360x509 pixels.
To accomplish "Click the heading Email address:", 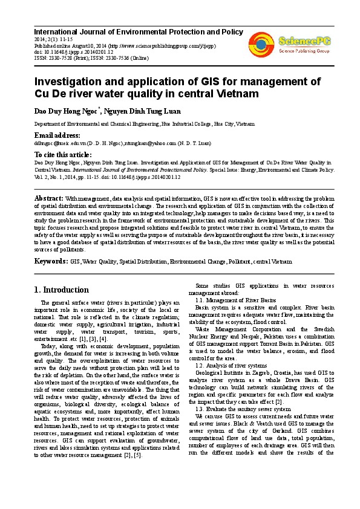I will click(x=57, y=135).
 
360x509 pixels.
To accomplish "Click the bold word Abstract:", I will click(x=49, y=198).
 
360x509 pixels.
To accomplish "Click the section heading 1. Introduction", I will click(x=62, y=290).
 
